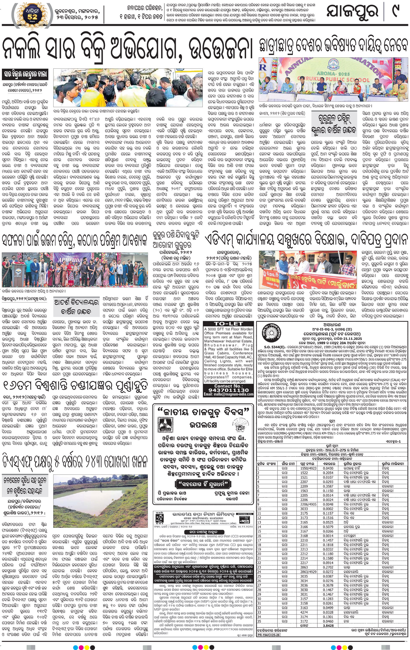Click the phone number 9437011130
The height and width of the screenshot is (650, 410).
click(229, 390)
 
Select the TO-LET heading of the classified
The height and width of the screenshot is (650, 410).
click(229, 323)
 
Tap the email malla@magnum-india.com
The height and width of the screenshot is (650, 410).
click(229, 394)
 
